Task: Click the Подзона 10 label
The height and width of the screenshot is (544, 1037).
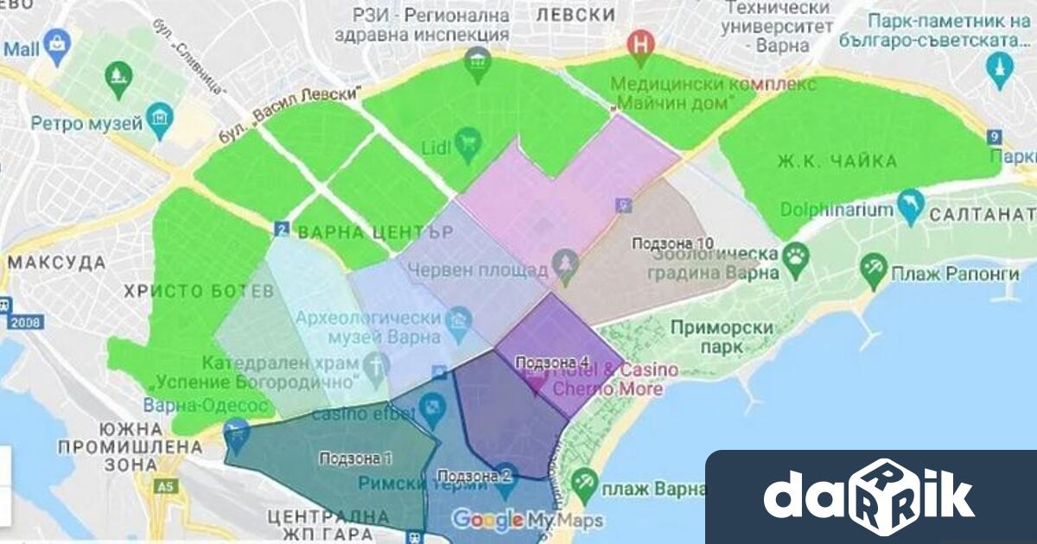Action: [672, 244]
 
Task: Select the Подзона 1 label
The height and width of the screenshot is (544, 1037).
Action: [355, 458]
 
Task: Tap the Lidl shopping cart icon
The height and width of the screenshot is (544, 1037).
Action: [468, 139]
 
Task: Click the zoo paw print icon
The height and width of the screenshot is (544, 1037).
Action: [795, 254]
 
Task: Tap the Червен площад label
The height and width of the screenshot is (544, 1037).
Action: [477, 269]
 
